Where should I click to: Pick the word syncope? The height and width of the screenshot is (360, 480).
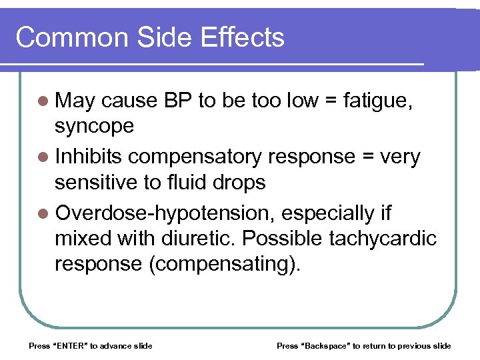pos(95,127)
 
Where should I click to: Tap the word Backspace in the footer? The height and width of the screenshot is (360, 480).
pos(328,345)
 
